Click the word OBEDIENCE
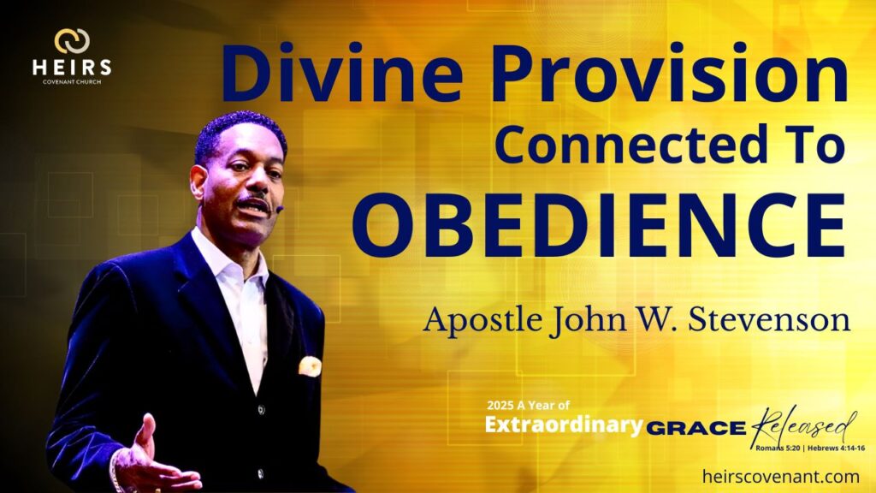point(598,225)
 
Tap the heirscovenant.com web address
point(780,477)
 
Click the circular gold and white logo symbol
point(72,41)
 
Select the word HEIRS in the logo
point(72,68)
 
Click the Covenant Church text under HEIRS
point(72,82)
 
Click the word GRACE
point(696,429)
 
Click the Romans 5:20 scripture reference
point(778,448)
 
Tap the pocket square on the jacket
point(310,366)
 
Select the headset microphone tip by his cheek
point(280,209)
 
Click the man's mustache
point(252,200)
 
